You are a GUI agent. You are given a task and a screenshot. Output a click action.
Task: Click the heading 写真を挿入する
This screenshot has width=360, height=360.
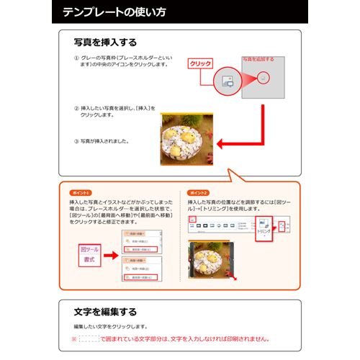click(105, 42)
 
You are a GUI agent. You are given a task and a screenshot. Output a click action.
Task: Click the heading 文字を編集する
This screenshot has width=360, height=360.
click(105, 312)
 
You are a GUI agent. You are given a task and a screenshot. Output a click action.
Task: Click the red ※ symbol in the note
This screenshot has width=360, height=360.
click(73, 338)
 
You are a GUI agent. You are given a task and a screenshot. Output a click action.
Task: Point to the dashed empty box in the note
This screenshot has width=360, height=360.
click(88, 338)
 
